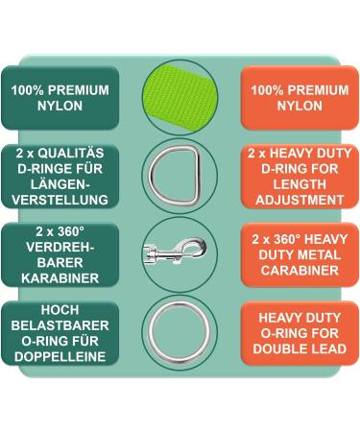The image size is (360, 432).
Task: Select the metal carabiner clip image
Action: click(x=180, y=252)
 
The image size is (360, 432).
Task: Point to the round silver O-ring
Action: click(x=180, y=331)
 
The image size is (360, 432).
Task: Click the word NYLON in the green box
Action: click(x=60, y=107)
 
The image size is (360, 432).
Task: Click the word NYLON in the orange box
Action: click(x=300, y=107)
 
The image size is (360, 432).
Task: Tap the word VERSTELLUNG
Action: click(x=60, y=201)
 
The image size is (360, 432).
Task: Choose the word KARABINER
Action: click(x=60, y=278)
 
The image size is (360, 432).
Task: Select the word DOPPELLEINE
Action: click(x=60, y=356)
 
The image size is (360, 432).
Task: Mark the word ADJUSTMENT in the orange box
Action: click(x=300, y=201)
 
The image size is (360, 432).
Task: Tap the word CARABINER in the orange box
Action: click(x=300, y=271)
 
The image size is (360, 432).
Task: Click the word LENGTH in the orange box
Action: click(x=300, y=185)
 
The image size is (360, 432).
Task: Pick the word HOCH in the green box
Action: click(x=60, y=309)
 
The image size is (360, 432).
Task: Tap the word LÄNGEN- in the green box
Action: click(x=60, y=185)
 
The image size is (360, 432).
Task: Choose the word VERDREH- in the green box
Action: click(x=60, y=247)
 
